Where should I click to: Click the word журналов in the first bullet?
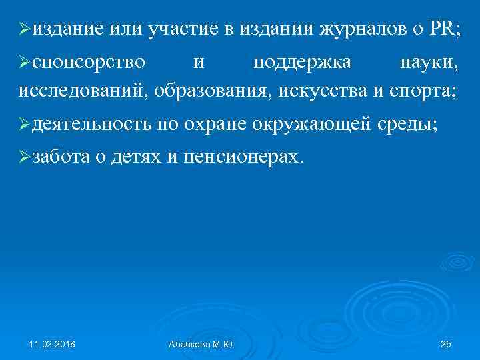pos(369,29)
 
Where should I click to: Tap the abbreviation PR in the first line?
pos(443,29)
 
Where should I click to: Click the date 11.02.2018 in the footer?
pos(52,344)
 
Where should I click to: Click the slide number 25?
pos(447,344)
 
